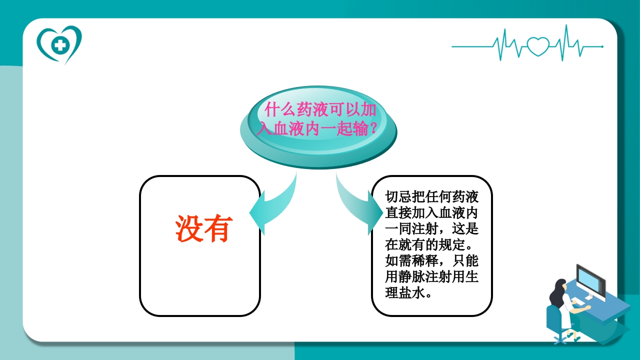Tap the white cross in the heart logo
60,46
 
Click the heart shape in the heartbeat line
537,46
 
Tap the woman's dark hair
556,290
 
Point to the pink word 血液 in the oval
287,128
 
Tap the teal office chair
555,320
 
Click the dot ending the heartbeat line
602,46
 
